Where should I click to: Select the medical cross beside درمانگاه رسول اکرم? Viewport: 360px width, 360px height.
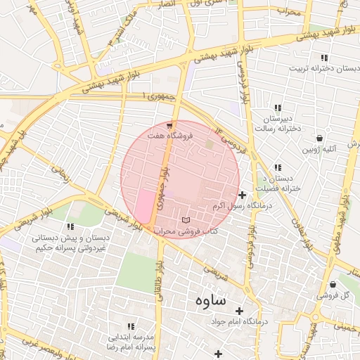[x=243, y=195]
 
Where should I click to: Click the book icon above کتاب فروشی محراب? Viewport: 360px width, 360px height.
[x=185, y=220]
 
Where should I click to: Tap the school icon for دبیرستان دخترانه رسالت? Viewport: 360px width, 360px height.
[x=278, y=108]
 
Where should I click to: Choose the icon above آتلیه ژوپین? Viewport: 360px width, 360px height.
[x=320, y=139]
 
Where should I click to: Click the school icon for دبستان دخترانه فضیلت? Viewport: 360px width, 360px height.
[x=278, y=167]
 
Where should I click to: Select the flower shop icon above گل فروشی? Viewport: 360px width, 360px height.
[x=344, y=285]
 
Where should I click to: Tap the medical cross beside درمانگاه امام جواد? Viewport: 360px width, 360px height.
[x=239, y=311]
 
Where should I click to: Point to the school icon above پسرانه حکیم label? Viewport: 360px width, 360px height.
[x=70, y=226]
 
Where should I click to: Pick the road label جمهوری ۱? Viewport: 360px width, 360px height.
[x=157, y=96]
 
